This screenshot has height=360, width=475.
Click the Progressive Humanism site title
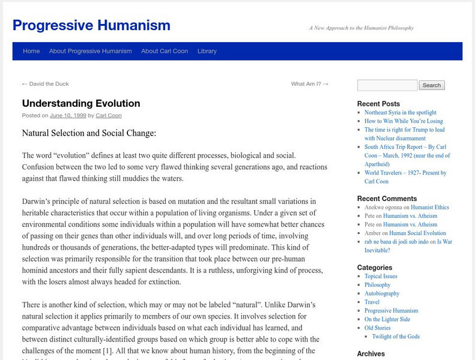pyautogui.click(x=91, y=25)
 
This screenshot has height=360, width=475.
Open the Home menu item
pyautogui.click(x=31, y=51)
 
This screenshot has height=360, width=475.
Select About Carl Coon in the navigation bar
pyautogui.click(x=165, y=51)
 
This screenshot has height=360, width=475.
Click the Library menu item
pyautogui.click(x=207, y=51)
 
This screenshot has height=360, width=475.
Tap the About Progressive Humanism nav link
pyautogui.click(x=91, y=51)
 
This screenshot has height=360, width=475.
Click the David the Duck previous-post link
pyautogui.click(x=45, y=84)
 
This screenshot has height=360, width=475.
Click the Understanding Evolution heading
pyautogui.click(x=81, y=103)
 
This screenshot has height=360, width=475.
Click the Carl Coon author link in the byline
pyautogui.click(x=109, y=115)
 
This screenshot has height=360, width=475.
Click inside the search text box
pyautogui.click(x=387, y=85)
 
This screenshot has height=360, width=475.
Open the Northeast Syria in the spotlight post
pyautogui.click(x=401, y=112)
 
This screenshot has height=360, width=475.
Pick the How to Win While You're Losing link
pyautogui.click(x=404, y=121)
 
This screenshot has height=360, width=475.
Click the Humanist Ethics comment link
pyautogui.click(x=429, y=207)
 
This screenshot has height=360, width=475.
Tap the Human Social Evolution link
pyautogui.click(x=417, y=233)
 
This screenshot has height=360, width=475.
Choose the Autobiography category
pyautogui.click(x=382, y=293)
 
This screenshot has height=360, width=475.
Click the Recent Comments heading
pyautogui.click(x=387, y=199)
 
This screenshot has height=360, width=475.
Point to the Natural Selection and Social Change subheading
pyautogui.click(x=89, y=133)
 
